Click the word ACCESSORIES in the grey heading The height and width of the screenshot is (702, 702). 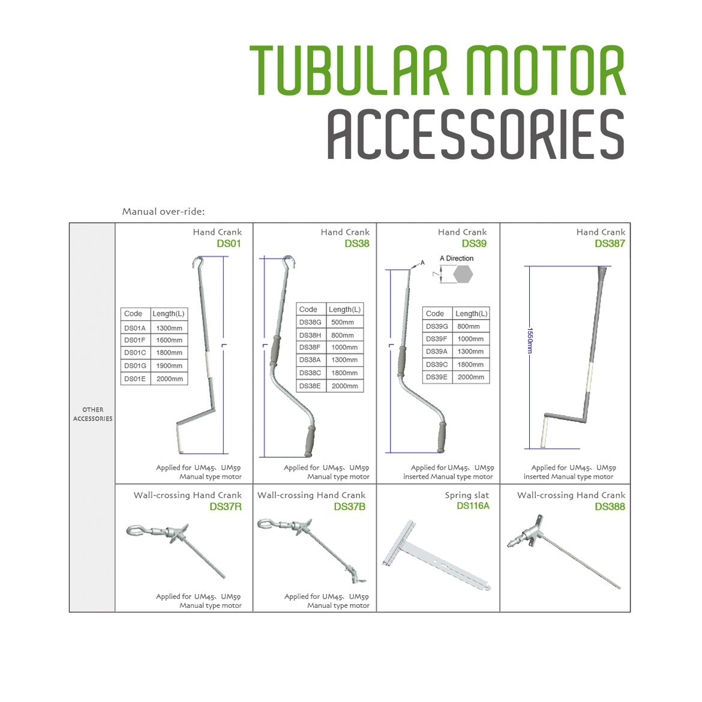click(475, 135)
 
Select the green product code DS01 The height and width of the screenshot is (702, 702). click(229, 244)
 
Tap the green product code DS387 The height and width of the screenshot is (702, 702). click(610, 244)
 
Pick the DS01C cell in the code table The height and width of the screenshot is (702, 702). click(135, 353)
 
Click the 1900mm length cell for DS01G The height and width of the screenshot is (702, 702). click(169, 366)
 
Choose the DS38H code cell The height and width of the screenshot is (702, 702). click(310, 335)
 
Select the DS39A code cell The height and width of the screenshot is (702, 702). click(437, 352)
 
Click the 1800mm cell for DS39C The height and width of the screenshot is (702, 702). click(470, 365)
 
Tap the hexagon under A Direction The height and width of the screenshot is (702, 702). click(463, 274)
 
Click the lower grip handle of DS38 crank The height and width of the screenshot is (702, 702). click(310, 442)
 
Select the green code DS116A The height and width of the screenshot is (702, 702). click(473, 506)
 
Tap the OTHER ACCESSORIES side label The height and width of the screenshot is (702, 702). click(93, 414)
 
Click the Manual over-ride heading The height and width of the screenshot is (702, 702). click(163, 211)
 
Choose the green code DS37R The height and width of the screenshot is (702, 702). click(226, 506)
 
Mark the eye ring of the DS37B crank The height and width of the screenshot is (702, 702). click(265, 524)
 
